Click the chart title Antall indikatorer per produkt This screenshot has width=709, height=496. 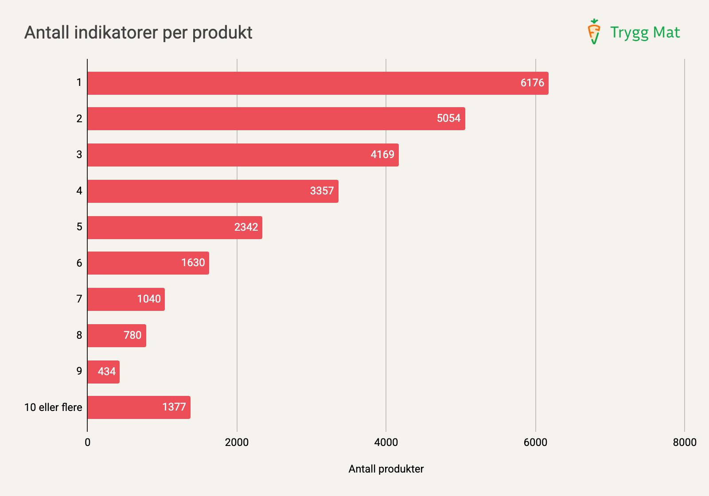(138, 33)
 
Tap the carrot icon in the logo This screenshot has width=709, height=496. (594, 32)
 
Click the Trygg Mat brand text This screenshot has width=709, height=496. (645, 32)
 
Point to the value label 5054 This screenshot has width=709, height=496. (448, 118)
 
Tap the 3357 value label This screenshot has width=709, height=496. (322, 191)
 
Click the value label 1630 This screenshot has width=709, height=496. (193, 263)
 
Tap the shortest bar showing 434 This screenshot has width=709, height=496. (103, 372)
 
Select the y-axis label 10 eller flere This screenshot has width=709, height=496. (53, 407)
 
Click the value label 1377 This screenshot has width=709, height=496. (174, 407)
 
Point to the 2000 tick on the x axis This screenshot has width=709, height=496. (237, 442)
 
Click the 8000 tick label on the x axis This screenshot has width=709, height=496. (684, 442)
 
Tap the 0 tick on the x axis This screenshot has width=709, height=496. (88, 442)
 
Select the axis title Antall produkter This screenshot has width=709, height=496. (386, 469)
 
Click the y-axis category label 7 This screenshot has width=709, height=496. (79, 299)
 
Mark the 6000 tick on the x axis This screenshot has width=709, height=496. (535, 442)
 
